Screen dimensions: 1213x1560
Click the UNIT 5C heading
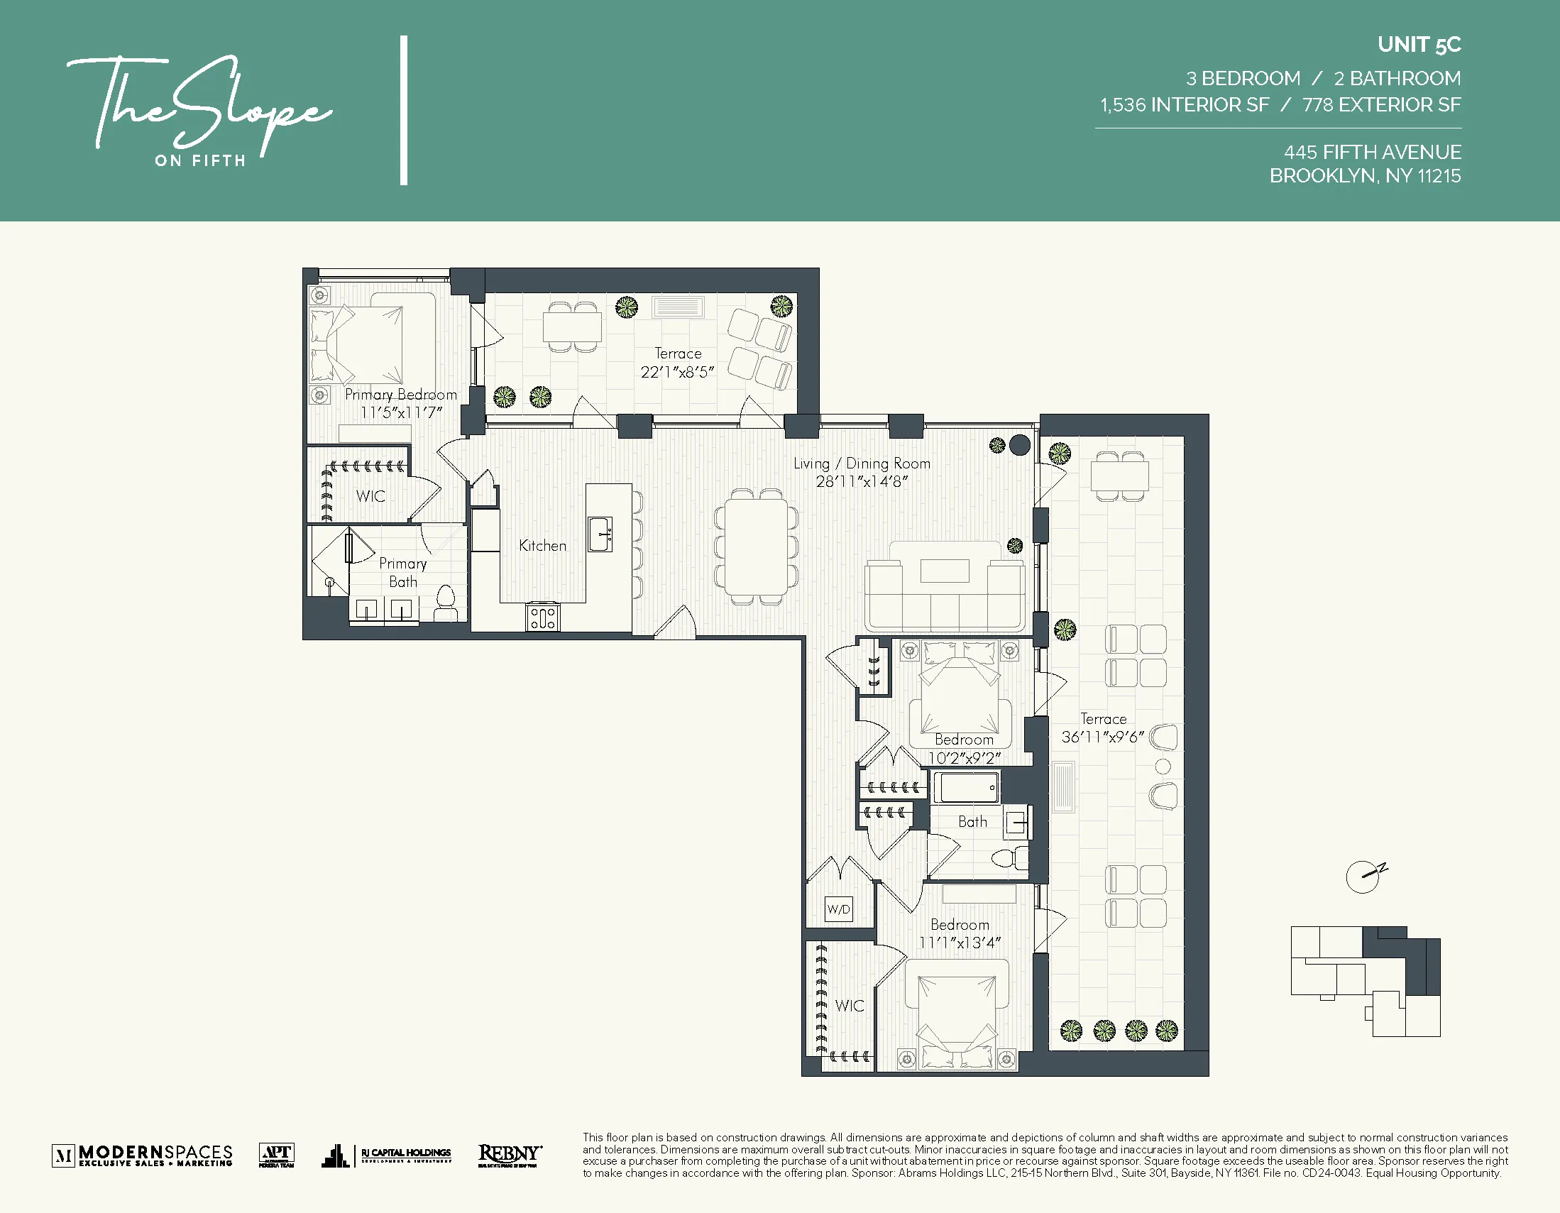coord(1419,45)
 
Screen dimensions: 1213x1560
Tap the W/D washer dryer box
coord(839,909)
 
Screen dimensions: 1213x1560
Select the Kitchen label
coord(542,546)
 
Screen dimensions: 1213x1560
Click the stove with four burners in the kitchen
coord(543,618)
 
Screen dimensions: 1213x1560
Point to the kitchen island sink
coord(600,534)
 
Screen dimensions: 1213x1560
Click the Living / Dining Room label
coord(862,463)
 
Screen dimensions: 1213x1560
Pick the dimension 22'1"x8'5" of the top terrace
coord(677,372)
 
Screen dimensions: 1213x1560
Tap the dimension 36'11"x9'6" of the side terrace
coord(1102,737)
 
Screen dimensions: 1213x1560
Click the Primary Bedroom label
coord(401,395)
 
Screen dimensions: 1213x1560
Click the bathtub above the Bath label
coord(967,789)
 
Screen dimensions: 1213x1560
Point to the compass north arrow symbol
coord(1365,876)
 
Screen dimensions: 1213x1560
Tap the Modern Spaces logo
coord(143,1155)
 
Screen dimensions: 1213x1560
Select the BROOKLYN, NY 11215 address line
coord(1364,176)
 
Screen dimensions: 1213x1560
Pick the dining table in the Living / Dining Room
coord(756,547)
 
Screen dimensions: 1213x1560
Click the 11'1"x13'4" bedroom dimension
coord(960,943)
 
